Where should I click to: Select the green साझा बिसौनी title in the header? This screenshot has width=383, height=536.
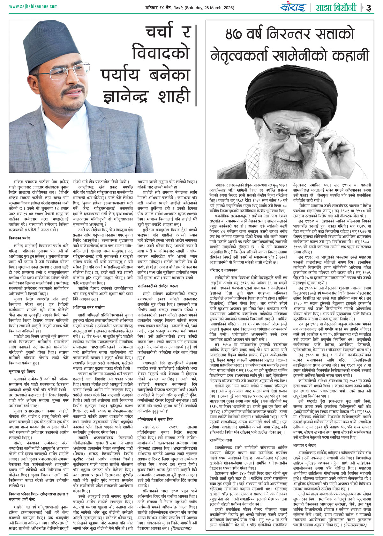click(x=335, y=7)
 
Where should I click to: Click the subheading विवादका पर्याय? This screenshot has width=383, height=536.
click(x=19, y=238)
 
